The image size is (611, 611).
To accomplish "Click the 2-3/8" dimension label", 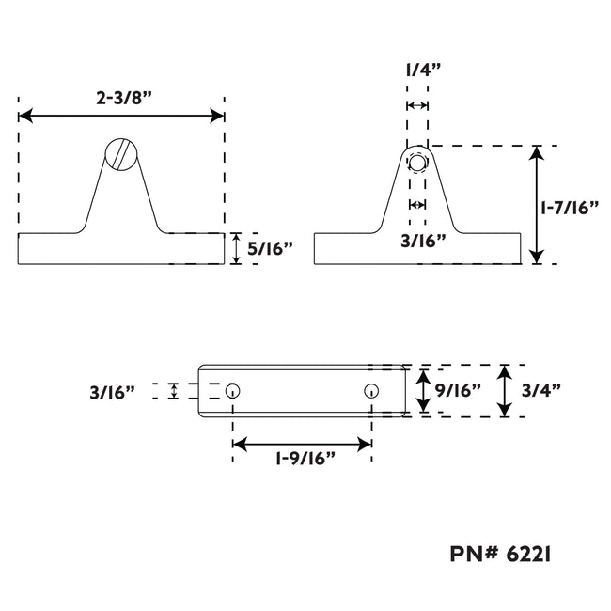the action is [123, 98].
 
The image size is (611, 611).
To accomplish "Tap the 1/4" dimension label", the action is [423, 70].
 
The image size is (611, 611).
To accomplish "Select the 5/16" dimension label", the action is [270, 248].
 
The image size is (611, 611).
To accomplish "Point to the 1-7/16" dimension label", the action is [570, 208].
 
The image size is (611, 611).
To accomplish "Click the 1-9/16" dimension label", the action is [305, 459].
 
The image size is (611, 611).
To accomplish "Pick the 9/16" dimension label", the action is [459, 390].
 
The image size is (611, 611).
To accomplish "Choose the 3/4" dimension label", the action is [541, 390].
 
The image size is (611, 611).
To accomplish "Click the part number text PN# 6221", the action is [501, 554].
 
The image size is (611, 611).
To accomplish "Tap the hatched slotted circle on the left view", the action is [121, 154].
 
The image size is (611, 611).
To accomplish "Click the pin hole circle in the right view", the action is [417, 163].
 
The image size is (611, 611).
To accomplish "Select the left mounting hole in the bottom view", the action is [232, 390].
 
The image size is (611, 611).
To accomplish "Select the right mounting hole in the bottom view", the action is [371, 390].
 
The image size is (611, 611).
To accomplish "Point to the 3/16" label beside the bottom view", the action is [112, 392].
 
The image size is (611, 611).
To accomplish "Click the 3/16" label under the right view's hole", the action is [423, 242].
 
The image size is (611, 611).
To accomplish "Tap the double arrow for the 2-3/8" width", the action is [121, 116].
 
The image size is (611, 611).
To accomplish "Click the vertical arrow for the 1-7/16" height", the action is [537, 205].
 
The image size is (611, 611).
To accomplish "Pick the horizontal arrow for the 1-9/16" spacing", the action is [302, 445].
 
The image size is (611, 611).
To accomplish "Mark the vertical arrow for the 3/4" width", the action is [505, 391].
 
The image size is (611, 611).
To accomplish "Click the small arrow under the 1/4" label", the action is [417, 105].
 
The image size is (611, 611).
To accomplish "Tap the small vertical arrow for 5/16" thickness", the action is [236, 248].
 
